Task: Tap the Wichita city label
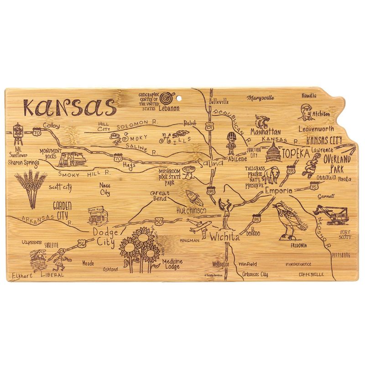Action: (224, 237)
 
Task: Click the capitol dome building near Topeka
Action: (272, 151)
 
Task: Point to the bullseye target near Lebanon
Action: (167, 97)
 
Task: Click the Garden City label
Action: (63, 209)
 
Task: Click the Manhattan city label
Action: (266, 132)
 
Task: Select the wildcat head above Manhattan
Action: (262, 121)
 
